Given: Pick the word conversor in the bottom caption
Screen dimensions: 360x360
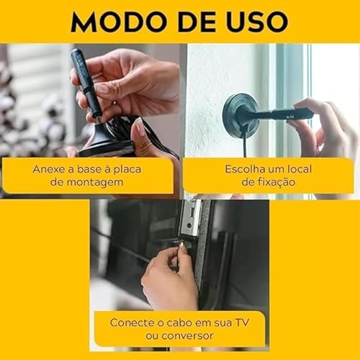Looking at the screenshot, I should tap(192, 336).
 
